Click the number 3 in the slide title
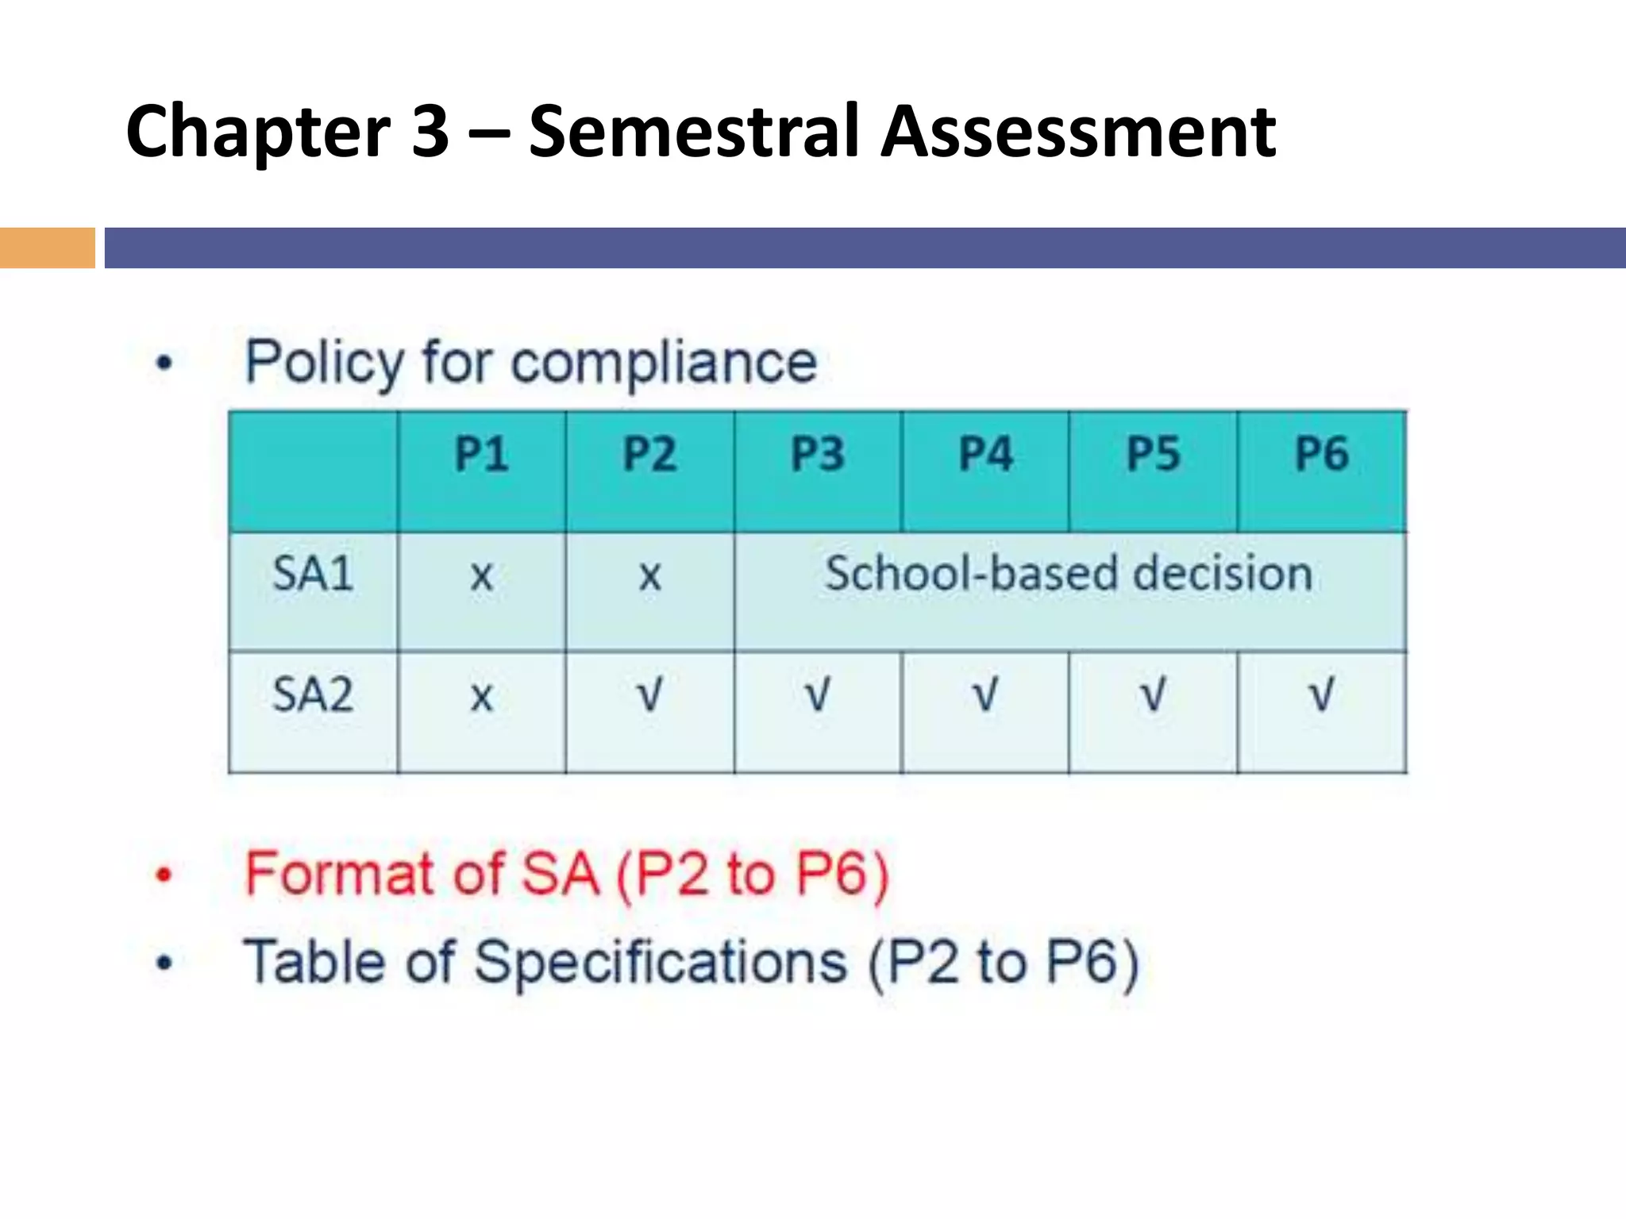430,132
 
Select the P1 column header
481,455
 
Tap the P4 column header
985,455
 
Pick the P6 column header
1322,455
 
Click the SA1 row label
313,574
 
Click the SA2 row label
313,694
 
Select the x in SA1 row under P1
481,576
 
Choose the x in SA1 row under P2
649,576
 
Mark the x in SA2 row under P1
481,698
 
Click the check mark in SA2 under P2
649,694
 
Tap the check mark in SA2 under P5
1153,694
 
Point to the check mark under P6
1321,694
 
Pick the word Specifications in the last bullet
661,963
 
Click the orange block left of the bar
47,248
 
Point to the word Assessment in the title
1078,132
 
